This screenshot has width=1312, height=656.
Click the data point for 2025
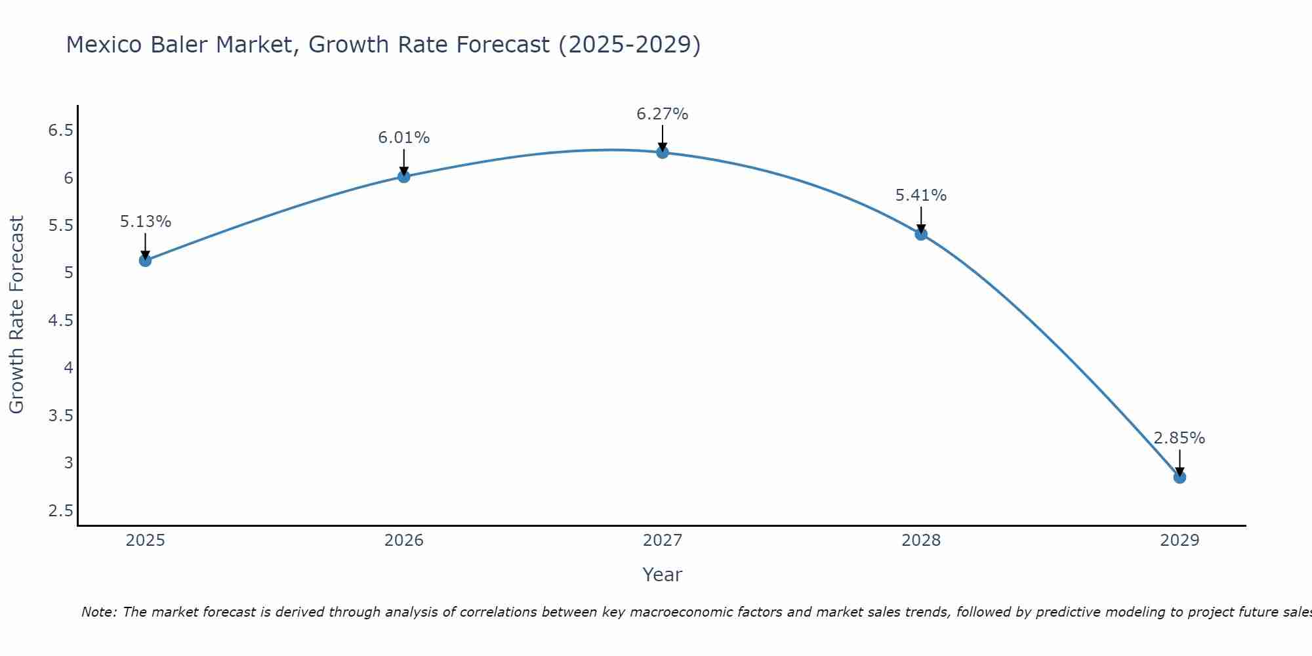[145, 260]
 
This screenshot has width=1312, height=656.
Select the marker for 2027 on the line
[663, 153]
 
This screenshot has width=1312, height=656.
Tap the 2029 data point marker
[1179, 477]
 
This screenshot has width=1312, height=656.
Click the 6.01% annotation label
[403, 138]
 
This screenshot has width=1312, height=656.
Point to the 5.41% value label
[921, 195]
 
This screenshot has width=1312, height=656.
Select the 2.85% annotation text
[1179, 438]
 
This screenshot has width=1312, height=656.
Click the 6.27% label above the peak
[662, 114]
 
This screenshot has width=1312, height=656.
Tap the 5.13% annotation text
[145, 222]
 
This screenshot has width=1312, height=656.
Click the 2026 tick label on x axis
[403, 541]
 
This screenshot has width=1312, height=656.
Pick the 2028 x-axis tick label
[921, 541]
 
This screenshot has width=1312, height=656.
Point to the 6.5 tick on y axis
[60, 131]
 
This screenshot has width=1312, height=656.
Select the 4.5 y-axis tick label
[60, 320]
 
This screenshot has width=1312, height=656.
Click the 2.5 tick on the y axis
[60, 510]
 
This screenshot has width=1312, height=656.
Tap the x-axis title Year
[662, 575]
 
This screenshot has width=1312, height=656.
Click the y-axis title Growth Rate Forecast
[16, 315]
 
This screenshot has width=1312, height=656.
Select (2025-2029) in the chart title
[629, 45]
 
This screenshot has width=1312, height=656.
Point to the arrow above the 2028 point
[921, 219]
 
